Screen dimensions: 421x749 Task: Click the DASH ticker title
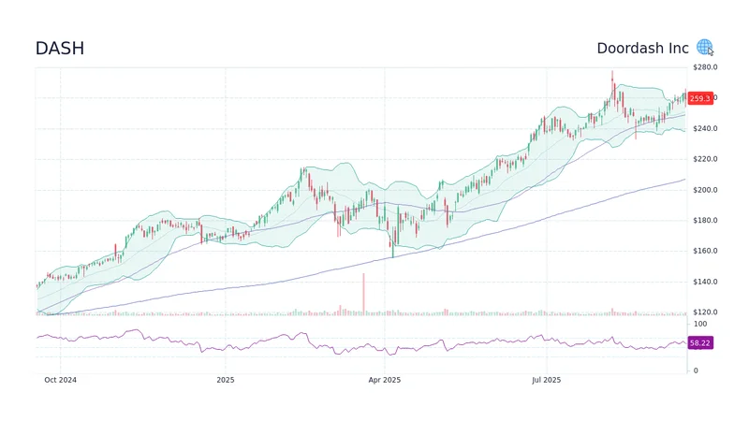point(59,49)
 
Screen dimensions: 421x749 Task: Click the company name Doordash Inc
point(642,48)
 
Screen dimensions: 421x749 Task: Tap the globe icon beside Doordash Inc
point(704,48)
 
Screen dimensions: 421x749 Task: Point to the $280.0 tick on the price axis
point(704,67)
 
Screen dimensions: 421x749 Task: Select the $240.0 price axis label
point(704,128)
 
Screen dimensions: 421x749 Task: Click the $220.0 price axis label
point(704,159)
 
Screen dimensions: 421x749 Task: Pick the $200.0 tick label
point(704,190)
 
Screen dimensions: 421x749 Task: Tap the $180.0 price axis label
point(704,221)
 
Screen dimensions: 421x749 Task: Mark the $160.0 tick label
point(704,251)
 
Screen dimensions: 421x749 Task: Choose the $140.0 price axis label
point(704,282)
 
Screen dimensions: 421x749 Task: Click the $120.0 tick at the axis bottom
point(704,312)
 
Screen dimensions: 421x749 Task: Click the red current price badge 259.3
point(699,98)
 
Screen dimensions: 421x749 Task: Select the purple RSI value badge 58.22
point(699,343)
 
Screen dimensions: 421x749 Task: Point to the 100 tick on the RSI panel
point(699,324)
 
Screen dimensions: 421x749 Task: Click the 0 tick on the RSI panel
point(695,370)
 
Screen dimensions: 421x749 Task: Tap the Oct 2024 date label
point(60,380)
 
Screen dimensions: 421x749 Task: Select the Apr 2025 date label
point(384,380)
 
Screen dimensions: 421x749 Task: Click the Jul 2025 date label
point(546,380)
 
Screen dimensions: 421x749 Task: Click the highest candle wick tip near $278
point(612,71)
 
